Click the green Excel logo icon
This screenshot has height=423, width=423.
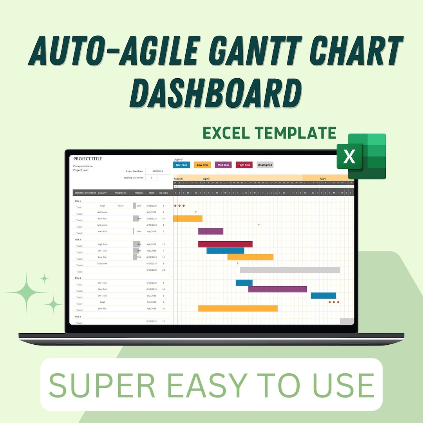tap(361, 157)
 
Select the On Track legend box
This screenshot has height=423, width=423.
tap(181, 165)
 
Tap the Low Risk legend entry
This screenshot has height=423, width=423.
tap(202, 165)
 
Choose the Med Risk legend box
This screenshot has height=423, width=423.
tap(223, 165)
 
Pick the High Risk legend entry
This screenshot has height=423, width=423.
tap(244, 165)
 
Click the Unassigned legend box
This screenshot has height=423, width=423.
tap(265, 165)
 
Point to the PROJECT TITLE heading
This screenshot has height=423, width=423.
tap(88, 159)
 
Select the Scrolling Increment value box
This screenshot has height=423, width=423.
tap(151, 178)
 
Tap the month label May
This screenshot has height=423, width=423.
tap(323, 179)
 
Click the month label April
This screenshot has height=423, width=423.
tap(206, 179)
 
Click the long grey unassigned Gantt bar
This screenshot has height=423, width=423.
tap(290, 270)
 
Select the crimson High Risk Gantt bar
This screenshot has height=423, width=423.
tap(225, 244)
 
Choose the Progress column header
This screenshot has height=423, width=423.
tap(139, 193)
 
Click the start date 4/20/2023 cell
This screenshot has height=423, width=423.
tap(152, 225)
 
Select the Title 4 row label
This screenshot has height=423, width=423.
tap(78, 316)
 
